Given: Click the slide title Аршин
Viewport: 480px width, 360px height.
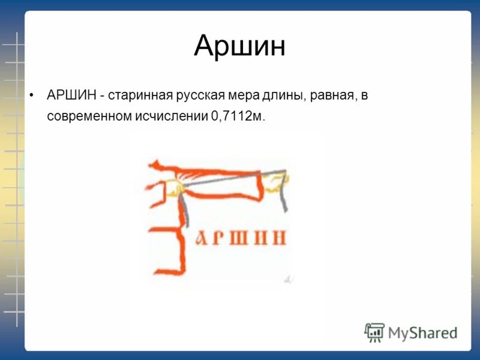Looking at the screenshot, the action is point(239,46).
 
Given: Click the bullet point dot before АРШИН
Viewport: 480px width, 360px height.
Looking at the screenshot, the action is point(31,95).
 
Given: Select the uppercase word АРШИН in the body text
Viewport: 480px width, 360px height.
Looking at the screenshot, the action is point(71,95).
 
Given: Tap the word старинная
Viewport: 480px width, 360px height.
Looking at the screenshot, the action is point(140,96).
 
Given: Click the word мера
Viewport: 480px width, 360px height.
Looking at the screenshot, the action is point(244,96).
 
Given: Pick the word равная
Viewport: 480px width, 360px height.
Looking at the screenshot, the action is point(334,96).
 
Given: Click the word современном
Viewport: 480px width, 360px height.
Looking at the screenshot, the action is point(89,116).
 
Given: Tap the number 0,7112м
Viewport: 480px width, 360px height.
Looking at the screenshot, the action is point(238,116).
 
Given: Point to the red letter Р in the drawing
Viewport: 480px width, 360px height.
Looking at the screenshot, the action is point(217,238).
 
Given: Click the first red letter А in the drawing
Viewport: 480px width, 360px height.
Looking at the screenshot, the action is point(202,238).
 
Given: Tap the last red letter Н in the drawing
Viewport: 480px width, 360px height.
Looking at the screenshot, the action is point(280,238).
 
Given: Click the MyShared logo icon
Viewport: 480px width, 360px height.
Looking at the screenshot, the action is point(374,332).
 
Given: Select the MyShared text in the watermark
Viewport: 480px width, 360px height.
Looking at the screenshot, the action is point(423,333).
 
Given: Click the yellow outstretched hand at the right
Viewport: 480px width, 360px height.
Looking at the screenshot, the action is point(277,183).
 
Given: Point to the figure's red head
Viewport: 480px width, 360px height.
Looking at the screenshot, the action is point(157,166).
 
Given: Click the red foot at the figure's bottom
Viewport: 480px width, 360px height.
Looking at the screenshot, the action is point(169,271).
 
